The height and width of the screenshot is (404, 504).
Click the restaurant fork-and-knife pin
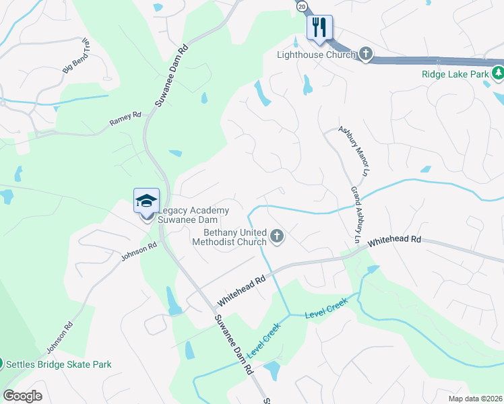319,28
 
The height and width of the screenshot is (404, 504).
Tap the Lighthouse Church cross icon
365,54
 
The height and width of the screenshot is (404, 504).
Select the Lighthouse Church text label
316,55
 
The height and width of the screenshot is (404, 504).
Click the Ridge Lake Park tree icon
498,73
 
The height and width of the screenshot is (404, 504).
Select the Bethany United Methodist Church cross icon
276,236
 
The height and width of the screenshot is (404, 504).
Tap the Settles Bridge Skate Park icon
2,364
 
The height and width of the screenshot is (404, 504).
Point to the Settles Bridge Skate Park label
59,364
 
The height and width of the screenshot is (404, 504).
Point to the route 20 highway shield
301,5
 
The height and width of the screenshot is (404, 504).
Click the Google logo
22,395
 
